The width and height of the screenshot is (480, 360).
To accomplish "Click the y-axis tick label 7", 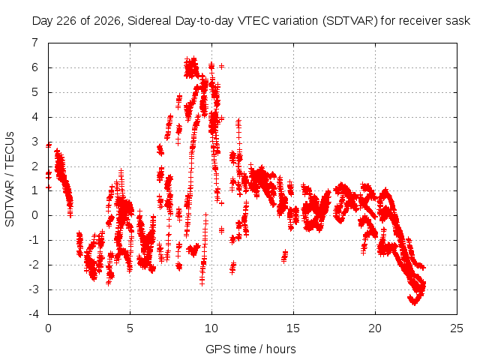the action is pyautogui.click(x=35, y=42).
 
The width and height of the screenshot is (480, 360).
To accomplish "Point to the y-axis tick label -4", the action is pyautogui.click(x=33, y=314).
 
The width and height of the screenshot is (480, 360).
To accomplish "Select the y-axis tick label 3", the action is pyautogui.click(x=35, y=142).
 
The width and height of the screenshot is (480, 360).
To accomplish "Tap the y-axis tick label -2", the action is pyautogui.click(x=33, y=265).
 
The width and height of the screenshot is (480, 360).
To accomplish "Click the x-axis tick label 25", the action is pyautogui.click(x=457, y=328).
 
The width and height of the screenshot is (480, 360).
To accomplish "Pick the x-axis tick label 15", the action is pyautogui.click(x=293, y=328).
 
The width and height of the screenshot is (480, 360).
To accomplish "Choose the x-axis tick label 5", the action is pyautogui.click(x=130, y=328).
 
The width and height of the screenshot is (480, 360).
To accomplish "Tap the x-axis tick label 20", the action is pyautogui.click(x=375, y=328).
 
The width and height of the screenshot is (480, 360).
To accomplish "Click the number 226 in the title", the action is pyautogui.click(x=65, y=21).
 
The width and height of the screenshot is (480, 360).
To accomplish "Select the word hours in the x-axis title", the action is pyautogui.click(x=281, y=349).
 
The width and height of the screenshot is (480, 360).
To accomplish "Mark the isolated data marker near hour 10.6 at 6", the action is pyautogui.click(x=222, y=66).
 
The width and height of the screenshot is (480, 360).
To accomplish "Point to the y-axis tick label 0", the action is pyautogui.click(x=35, y=215).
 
